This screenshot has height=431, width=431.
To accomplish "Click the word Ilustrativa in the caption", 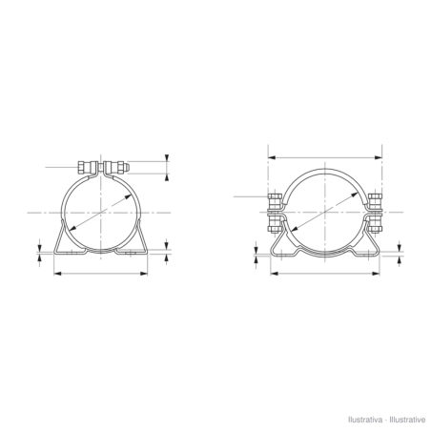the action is (365, 420).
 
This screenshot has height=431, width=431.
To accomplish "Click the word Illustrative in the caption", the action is (407, 420).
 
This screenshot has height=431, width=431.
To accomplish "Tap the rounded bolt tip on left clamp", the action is (127, 167).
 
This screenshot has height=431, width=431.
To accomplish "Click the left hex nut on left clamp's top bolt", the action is (80, 168).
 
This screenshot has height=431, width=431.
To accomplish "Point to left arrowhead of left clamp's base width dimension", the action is (57, 273).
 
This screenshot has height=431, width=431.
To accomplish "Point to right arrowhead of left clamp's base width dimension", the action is (144, 273).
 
